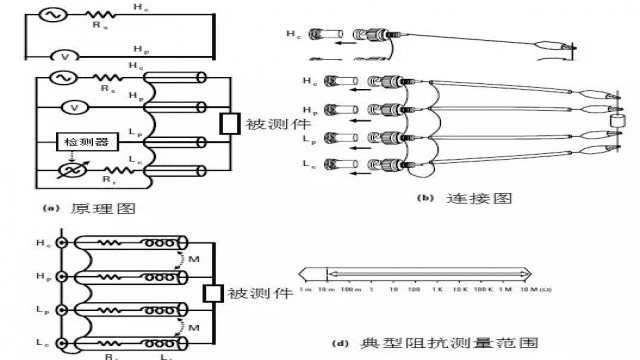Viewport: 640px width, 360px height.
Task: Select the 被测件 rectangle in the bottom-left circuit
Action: (211, 293)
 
